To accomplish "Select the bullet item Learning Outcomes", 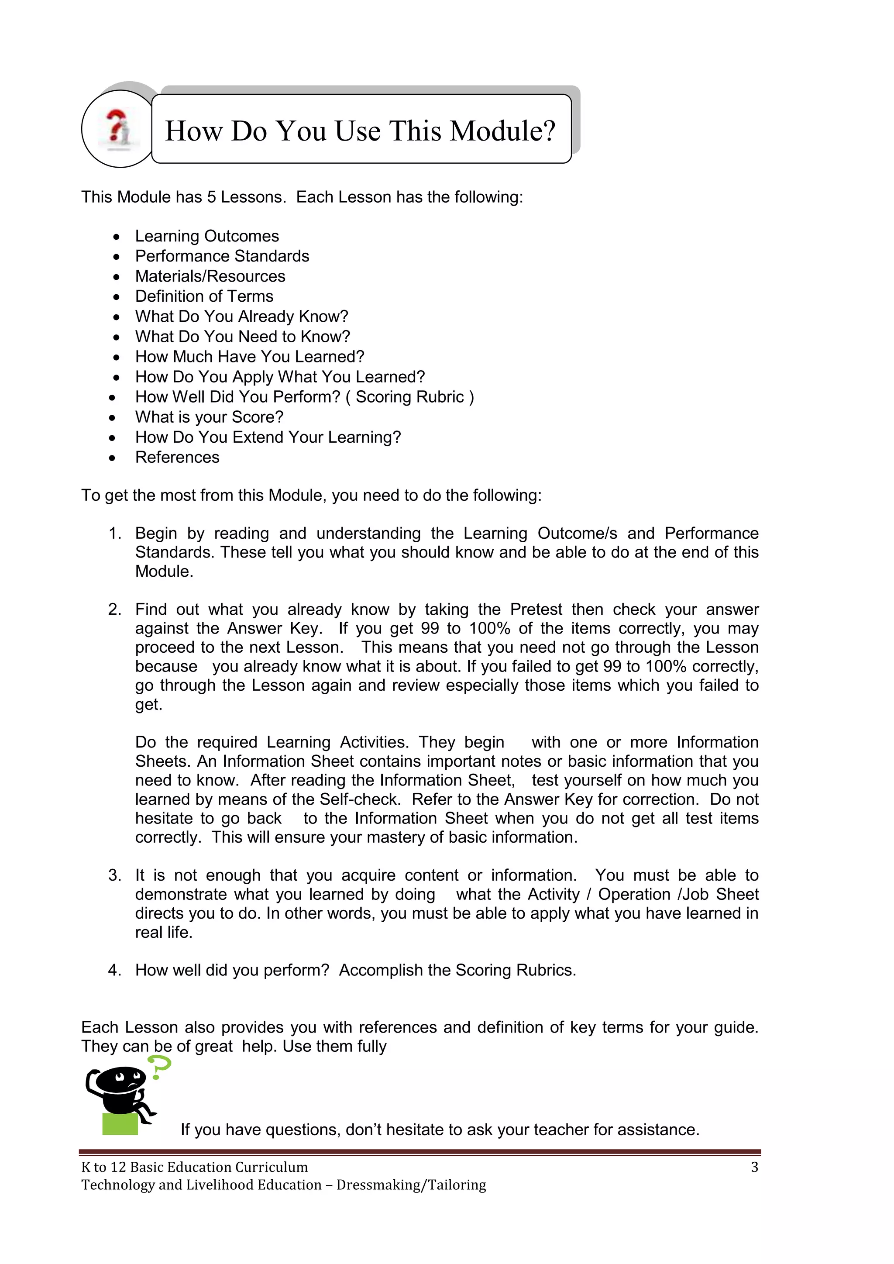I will tap(206, 236).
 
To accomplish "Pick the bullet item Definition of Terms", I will tap(204, 296).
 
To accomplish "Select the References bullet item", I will tap(177, 458).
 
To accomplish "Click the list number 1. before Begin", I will tap(114, 534).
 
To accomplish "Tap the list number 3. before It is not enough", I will tap(114, 875).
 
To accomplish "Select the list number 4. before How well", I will tap(114, 970).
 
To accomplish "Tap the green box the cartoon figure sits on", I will tap(120, 1123).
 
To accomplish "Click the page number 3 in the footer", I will tap(754, 1167).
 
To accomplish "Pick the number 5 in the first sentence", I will tap(211, 197).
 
